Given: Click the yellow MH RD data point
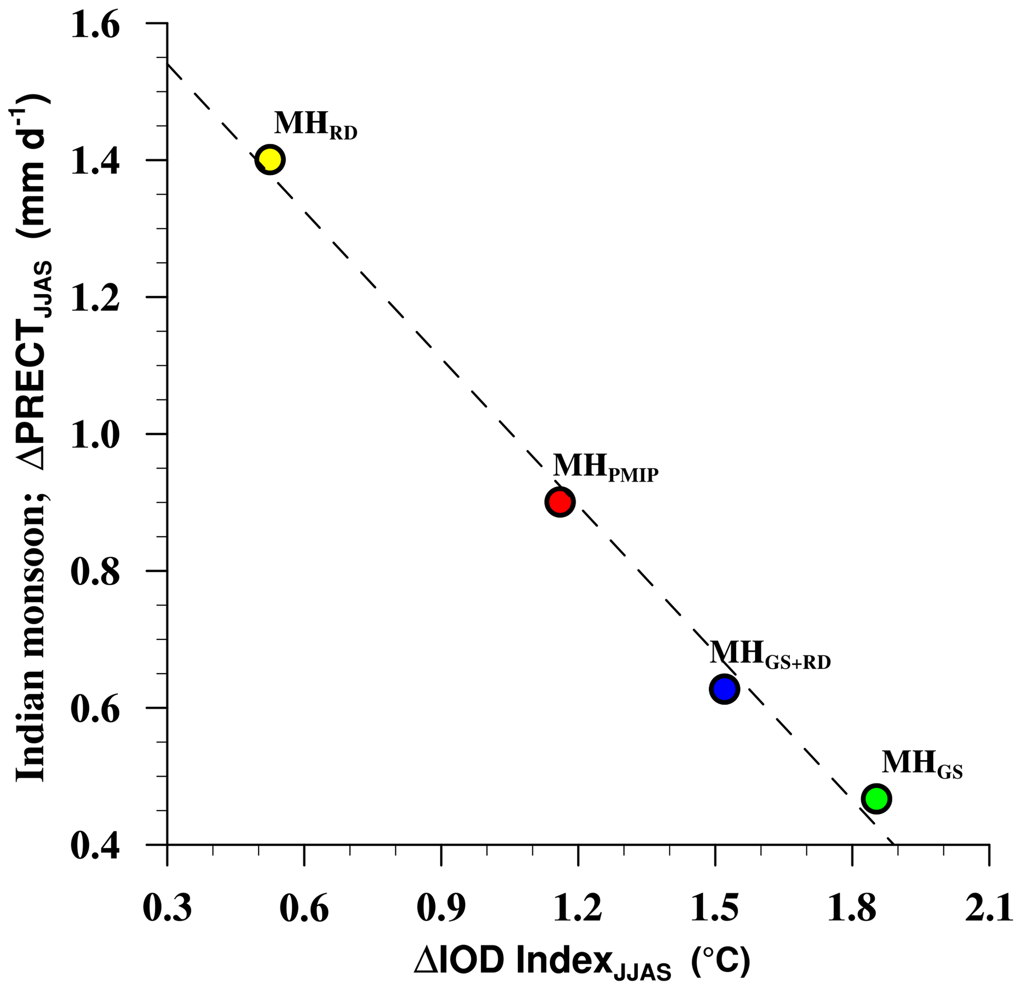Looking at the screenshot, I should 269,160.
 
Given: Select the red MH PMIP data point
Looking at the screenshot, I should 560,502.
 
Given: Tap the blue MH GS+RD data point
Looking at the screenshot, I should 724,689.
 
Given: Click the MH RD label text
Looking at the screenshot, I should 315,126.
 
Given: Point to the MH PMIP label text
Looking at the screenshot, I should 605,467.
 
